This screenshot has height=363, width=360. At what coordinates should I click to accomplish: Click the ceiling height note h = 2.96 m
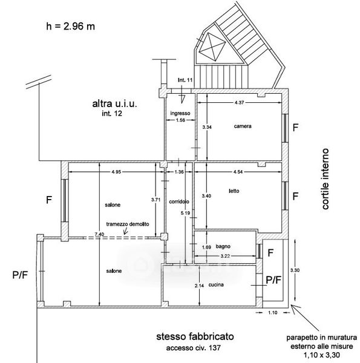pos(70,27)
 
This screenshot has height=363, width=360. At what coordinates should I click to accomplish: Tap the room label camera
pos(243,126)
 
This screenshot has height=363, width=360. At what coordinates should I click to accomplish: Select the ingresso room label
pos(180,113)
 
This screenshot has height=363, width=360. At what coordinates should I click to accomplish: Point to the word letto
pos(234,191)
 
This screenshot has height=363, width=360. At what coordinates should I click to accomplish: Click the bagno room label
pos(223,246)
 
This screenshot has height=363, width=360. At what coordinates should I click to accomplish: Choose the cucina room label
pos(216,285)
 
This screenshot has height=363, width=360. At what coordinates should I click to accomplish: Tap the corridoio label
pos(179,201)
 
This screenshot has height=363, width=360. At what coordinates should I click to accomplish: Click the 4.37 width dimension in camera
pos(239,103)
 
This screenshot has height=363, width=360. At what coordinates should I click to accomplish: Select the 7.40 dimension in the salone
pos(99,234)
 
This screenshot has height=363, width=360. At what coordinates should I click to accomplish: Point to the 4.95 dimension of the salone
pos(116,172)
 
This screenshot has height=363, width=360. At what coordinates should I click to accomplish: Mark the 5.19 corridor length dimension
pos(185,213)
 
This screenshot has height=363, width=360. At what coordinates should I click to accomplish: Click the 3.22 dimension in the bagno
pos(225,256)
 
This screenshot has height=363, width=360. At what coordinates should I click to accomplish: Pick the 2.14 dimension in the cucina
pos(199,286)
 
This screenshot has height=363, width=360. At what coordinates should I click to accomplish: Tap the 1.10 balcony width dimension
pos(273,313)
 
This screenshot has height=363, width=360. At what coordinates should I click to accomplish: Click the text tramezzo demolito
pos(128,224)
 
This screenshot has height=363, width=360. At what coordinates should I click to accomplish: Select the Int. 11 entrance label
pos(185,80)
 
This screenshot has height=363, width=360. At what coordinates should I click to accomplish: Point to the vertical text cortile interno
pos(326,179)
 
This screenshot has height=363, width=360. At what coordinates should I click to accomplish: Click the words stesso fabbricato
pos(195,336)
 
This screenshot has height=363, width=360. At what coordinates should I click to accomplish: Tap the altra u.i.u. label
pos(114,103)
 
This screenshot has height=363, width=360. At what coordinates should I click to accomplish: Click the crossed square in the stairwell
pos(212,47)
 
